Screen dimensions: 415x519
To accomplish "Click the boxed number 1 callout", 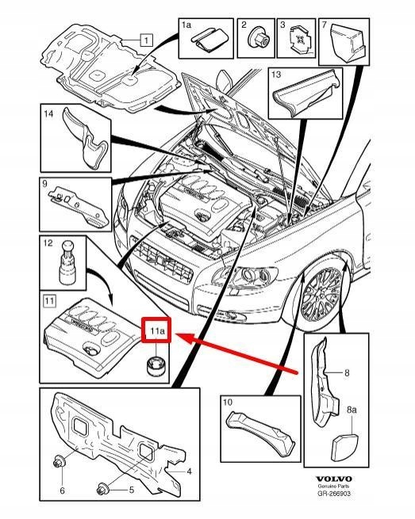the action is pyautogui.click(x=146, y=40).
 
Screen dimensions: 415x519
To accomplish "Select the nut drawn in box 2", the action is pyautogui.click(x=259, y=38).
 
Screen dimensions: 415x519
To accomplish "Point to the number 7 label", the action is pyautogui.click(x=325, y=24).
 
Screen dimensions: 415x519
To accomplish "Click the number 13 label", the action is pyautogui.click(x=276, y=74).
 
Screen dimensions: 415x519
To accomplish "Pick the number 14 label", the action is pyautogui.click(x=48, y=114).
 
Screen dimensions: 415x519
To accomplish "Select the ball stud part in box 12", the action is pyautogui.click(x=69, y=262).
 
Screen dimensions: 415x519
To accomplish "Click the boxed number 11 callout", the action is pyautogui.click(x=49, y=301).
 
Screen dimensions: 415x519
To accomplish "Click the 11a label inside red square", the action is pyautogui.click(x=156, y=330).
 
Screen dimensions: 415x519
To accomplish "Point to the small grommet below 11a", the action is pyautogui.click(x=156, y=365).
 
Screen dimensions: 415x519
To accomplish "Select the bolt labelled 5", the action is pyautogui.click(x=102, y=489).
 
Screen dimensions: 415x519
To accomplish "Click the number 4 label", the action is pyautogui.click(x=190, y=471).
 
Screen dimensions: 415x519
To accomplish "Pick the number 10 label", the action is pyautogui.click(x=228, y=403).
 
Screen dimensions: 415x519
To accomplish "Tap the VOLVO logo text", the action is pyautogui.click(x=333, y=479).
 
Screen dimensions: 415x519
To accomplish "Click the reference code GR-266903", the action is pyautogui.click(x=333, y=493).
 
